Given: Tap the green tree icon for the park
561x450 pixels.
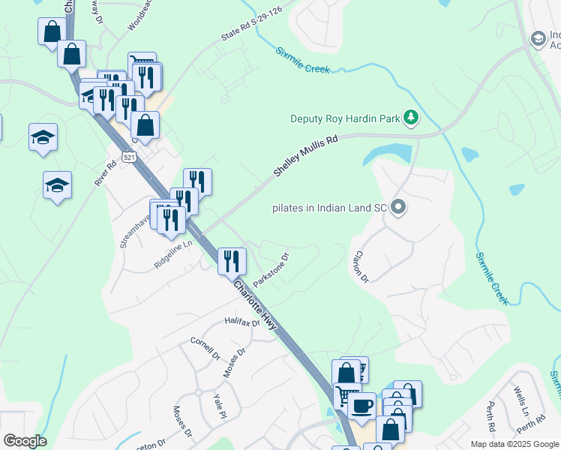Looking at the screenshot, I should tap(410, 117).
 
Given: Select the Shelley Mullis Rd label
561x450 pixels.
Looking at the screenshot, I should tap(305, 156).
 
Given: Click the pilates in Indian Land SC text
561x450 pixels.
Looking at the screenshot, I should tap(329, 208).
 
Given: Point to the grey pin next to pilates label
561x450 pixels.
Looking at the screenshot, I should tap(398, 207).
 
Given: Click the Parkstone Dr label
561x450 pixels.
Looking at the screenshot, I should tap(271, 270).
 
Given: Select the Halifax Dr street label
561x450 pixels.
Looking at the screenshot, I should tap(241, 322).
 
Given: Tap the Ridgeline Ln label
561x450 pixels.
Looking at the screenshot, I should tap(173, 254).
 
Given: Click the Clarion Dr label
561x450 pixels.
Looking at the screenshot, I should tap(361, 267).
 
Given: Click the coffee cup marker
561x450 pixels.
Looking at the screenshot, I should tap(361, 406).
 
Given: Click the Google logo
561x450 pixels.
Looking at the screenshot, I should tap(24, 441).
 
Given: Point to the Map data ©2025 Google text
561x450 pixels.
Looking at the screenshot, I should tap(514, 444).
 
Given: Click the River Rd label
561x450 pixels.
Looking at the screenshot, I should tap(104, 172).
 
